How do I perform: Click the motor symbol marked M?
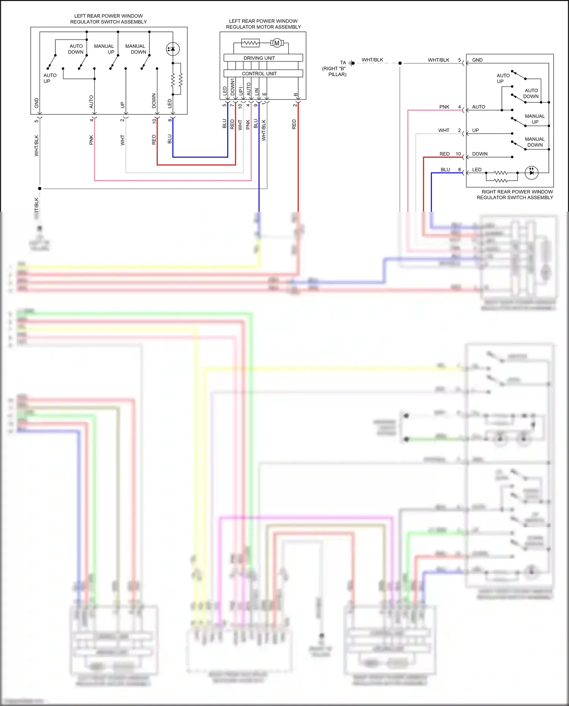(x=277, y=43)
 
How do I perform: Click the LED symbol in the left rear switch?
(x=173, y=49)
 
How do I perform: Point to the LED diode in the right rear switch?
(x=531, y=173)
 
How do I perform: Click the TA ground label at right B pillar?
(x=343, y=63)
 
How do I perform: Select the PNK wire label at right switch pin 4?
(x=444, y=107)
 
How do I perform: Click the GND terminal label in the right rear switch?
(x=477, y=60)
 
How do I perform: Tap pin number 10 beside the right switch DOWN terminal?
(x=458, y=154)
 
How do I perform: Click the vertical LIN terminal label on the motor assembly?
(x=257, y=91)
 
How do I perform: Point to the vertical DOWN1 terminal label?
(x=233, y=87)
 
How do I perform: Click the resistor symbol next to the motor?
(x=250, y=43)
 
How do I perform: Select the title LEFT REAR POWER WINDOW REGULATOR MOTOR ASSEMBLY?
(x=263, y=24)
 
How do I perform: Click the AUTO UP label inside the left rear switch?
(x=50, y=78)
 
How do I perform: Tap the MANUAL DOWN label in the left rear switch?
(x=135, y=49)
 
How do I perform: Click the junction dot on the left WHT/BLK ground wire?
(x=39, y=189)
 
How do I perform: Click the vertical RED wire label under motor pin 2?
(x=294, y=124)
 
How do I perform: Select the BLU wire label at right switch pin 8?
(x=445, y=170)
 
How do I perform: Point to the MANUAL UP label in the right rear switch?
(x=534, y=119)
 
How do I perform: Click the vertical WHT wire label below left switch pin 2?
(x=123, y=140)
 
